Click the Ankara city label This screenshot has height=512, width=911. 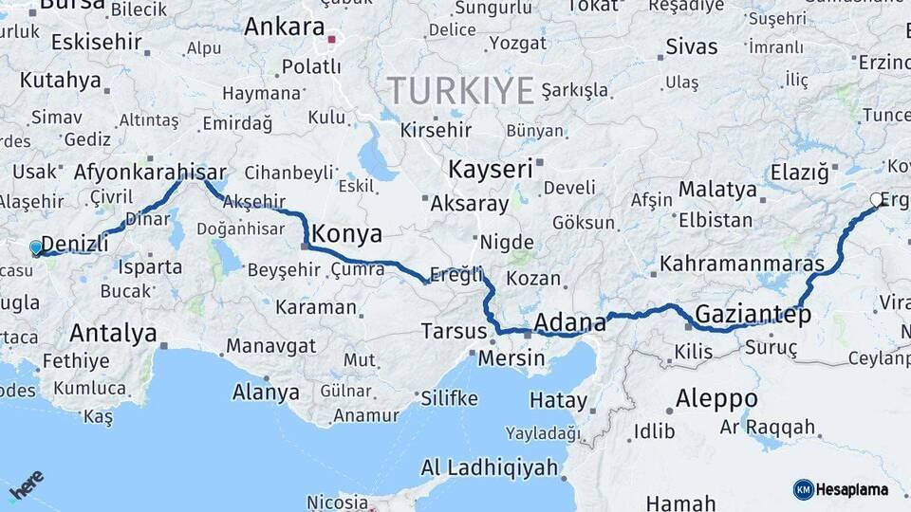click(284, 27)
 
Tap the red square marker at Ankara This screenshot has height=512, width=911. click(331, 40)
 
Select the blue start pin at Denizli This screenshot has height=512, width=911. click(36, 248)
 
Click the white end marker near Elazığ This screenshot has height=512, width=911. click(876, 200)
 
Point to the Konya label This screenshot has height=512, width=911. click(346, 233)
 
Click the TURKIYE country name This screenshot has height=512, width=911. click(461, 91)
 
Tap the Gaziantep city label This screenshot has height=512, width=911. click(753, 314)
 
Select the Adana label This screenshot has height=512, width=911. click(569, 322)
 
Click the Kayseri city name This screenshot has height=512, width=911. click(490, 170)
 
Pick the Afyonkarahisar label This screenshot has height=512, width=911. click(150, 172)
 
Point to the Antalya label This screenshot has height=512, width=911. click(113, 333)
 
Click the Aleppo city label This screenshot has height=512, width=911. click(716, 397)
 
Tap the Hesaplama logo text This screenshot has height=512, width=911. click(851, 489)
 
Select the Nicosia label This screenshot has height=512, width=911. click(337, 502)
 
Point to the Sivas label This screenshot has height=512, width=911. click(691, 46)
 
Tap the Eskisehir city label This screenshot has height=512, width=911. click(96, 42)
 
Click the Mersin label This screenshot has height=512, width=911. click(511, 358)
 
